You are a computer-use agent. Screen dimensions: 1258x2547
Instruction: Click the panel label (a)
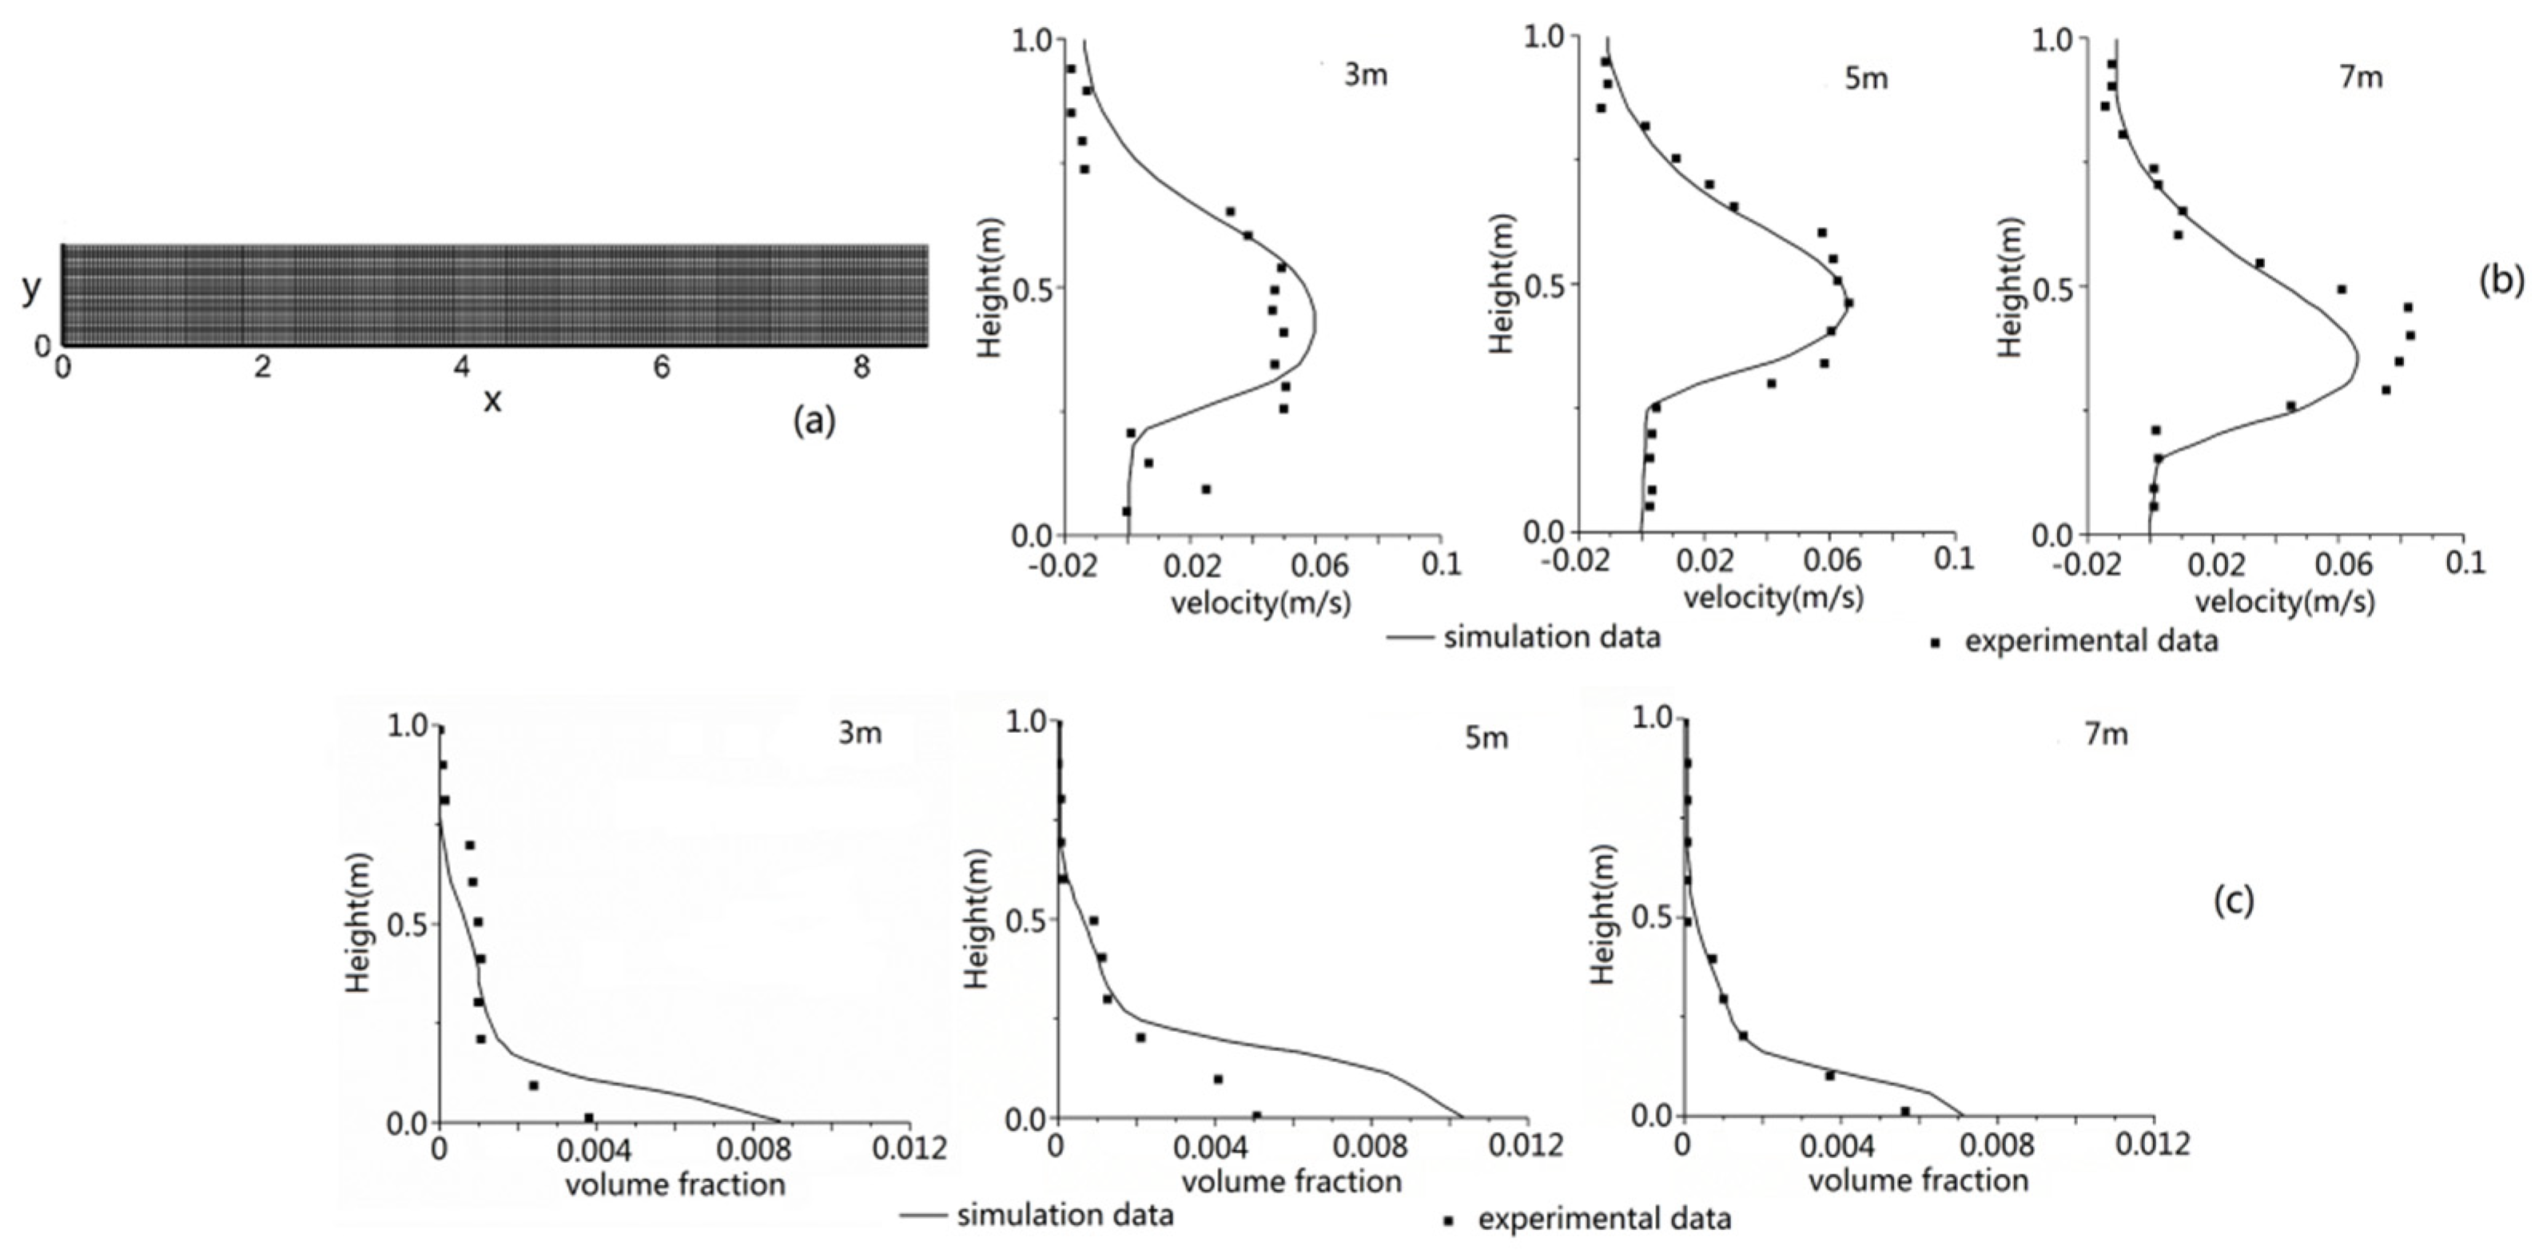pyautogui.click(x=814, y=421)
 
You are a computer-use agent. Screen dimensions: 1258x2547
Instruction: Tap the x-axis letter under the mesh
pyautogui.click(x=491, y=400)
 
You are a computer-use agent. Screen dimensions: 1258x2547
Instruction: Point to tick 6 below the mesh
pyautogui.click(x=662, y=368)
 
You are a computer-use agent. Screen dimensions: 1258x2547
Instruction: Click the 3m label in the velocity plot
pyautogui.click(x=1366, y=75)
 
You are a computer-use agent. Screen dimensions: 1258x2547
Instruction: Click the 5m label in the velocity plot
pyautogui.click(x=1866, y=78)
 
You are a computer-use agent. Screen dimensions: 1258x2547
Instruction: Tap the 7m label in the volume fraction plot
pyautogui.click(x=2106, y=734)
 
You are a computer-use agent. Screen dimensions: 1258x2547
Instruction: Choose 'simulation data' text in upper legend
pyautogui.click(x=1551, y=637)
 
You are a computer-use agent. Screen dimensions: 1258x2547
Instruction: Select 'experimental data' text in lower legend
pyautogui.click(x=1604, y=1219)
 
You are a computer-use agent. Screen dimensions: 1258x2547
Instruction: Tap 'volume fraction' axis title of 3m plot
pyautogui.click(x=675, y=1184)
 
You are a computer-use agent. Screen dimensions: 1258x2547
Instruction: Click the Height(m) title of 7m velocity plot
pyautogui.click(x=2008, y=287)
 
